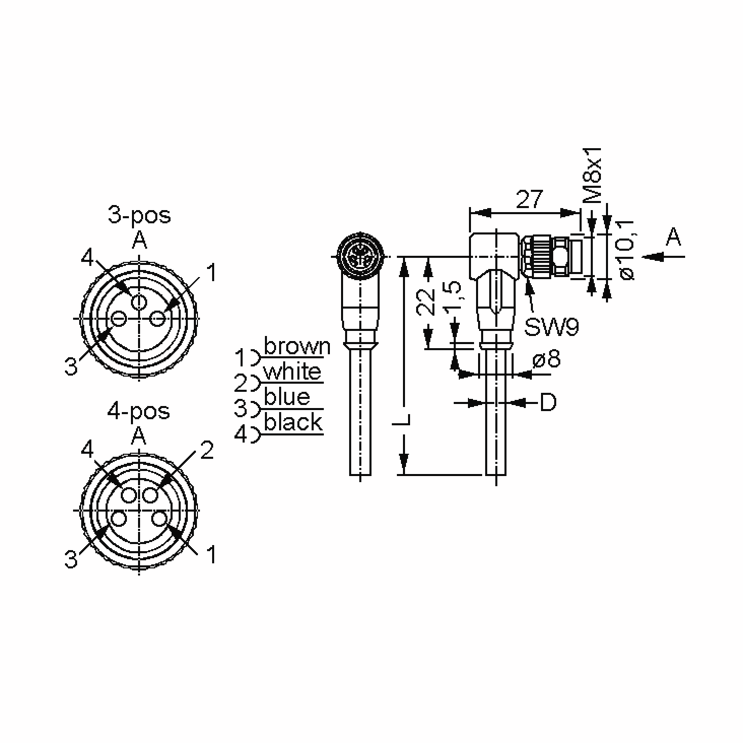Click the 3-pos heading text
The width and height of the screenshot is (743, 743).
pyautogui.click(x=139, y=216)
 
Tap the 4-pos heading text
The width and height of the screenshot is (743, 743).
pyautogui.click(x=138, y=411)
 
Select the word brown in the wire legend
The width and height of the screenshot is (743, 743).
pyautogui.click(x=297, y=346)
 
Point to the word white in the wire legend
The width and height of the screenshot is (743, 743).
pyautogui.click(x=292, y=372)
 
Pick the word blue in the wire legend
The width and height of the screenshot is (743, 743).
pyautogui.click(x=287, y=397)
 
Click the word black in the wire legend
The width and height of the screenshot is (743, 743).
pyautogui.click(x=293, y=422)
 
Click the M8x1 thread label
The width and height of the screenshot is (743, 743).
pyautogui.click(x=592, y=175)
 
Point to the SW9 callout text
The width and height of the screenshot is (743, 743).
pyautogui.click(x=551, y=327)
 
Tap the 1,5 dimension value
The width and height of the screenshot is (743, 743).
pyautogui.click(x=452, y=295)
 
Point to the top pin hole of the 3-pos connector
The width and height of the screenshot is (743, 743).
pyautogui.click(x=138, y=302)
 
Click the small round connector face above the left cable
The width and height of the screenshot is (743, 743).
pyautogui.click(x=360, y=255)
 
